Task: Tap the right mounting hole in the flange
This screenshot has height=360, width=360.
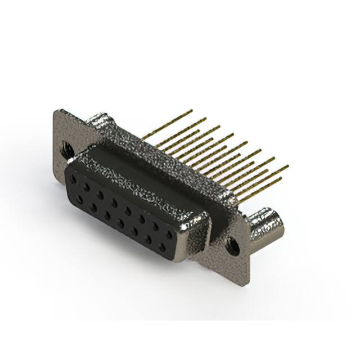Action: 231,245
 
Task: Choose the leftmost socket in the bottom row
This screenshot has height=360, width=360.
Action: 79,199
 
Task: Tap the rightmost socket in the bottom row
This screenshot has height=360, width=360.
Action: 163,248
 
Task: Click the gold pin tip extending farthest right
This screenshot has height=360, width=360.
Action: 288,166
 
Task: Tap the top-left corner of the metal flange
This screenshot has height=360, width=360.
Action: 55,111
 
